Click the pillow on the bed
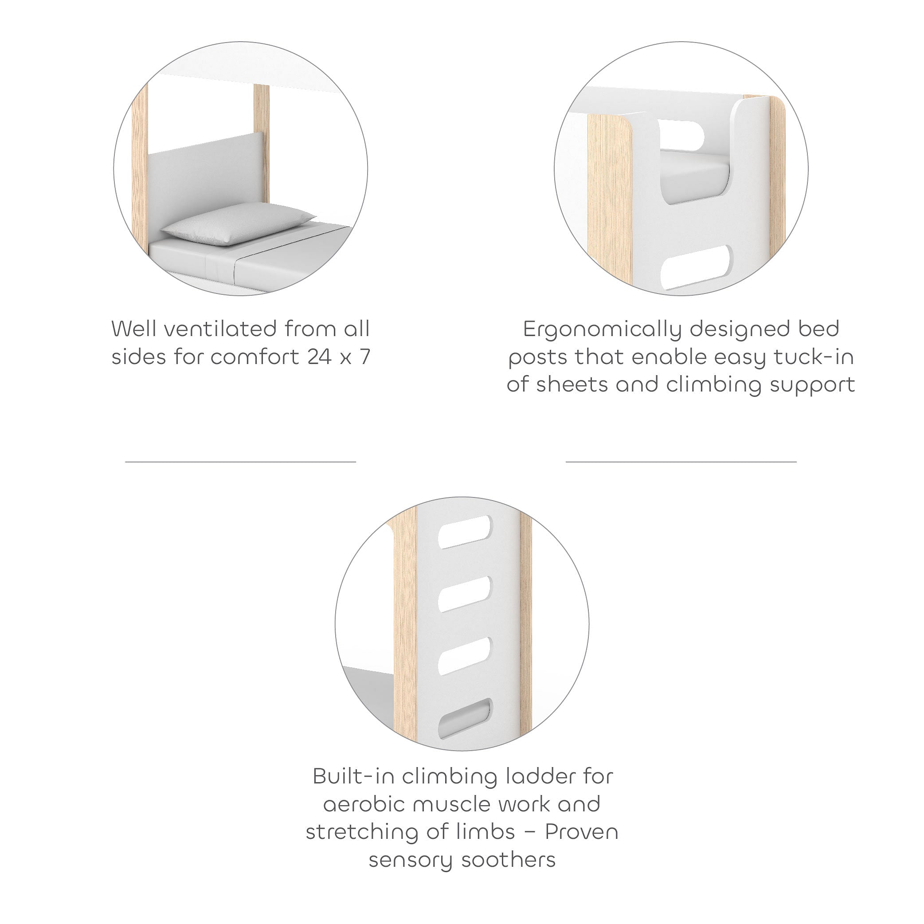[238, 223]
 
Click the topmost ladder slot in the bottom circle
[464, 532]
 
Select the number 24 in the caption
[320, 357]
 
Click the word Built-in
[353, 776]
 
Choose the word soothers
[509, 859]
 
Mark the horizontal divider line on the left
[241, 462]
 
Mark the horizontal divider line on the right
[681, 462]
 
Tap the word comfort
[255, 357]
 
